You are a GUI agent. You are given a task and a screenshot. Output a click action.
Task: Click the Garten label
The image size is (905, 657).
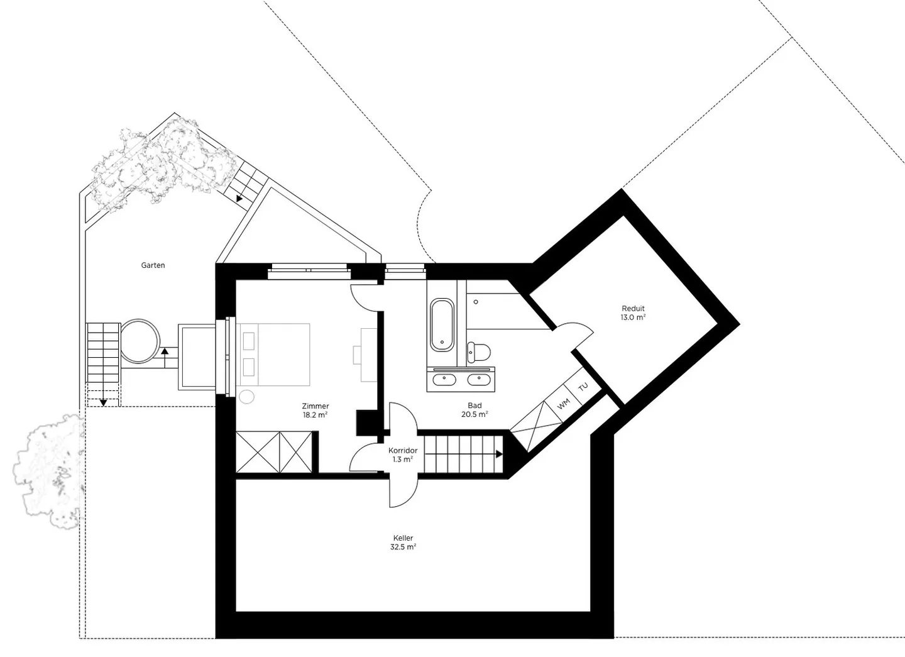tap(153, 265)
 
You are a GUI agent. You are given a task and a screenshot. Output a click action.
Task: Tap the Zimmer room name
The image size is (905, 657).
tap(315, 406)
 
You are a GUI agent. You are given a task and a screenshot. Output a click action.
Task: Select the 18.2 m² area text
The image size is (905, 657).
tap(315, 415)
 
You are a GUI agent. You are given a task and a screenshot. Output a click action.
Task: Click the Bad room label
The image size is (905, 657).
tap(474, 406)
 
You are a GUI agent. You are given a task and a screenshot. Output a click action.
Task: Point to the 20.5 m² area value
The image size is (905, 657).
tap(474, 414)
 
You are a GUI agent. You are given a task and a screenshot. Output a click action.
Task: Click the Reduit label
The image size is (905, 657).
tap(633, 309)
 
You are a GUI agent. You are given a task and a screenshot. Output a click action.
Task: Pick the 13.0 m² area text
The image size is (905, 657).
tap(633, 317)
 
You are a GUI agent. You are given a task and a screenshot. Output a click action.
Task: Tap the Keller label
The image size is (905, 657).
tap(403, 538)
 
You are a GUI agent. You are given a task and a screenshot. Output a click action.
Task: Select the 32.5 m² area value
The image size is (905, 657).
tap(403, 547)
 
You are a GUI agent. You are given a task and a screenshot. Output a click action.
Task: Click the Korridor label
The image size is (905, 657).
tap(403, 451)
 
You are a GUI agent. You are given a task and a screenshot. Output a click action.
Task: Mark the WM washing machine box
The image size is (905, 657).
tap(564, 404)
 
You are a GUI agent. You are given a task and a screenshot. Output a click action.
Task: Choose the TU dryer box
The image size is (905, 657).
tap(583, 387)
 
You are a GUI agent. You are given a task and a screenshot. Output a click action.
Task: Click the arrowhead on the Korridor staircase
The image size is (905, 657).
tap(500, 454)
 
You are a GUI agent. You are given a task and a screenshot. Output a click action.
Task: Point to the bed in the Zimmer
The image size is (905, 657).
tap(273, 355)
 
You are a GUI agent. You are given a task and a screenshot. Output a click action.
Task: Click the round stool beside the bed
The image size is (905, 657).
tap(246, 397)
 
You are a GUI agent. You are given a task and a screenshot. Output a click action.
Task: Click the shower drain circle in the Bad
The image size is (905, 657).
tap(476, 302)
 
